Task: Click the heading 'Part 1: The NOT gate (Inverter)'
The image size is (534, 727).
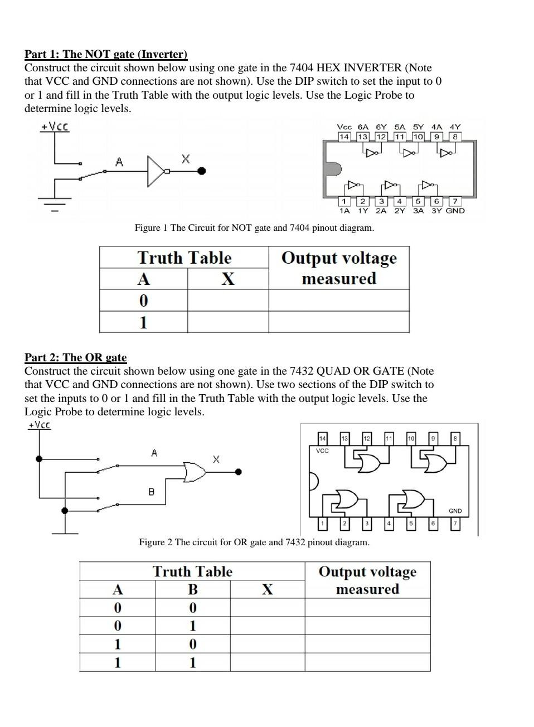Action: click(106, 54)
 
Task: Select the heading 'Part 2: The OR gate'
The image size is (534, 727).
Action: click(75, 357)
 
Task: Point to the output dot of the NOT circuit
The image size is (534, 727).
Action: click(202, 171)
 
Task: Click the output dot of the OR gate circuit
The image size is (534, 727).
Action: click(239, 472)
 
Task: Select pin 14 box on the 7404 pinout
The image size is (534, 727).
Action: click(344, 137)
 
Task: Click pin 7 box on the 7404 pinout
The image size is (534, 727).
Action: click(455, 201)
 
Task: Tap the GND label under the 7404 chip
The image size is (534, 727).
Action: click(455, 211)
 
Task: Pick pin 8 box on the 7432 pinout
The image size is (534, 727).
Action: click(455, 439)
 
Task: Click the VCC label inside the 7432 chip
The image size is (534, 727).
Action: click(322, 450)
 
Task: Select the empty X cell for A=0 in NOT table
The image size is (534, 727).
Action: click(228, 301)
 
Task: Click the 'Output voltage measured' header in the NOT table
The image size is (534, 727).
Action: click(339, 268)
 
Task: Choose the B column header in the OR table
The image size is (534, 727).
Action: click(192, 589)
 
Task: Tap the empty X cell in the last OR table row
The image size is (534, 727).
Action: click(268, 662)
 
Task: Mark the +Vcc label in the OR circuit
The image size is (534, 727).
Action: click(39, 425)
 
